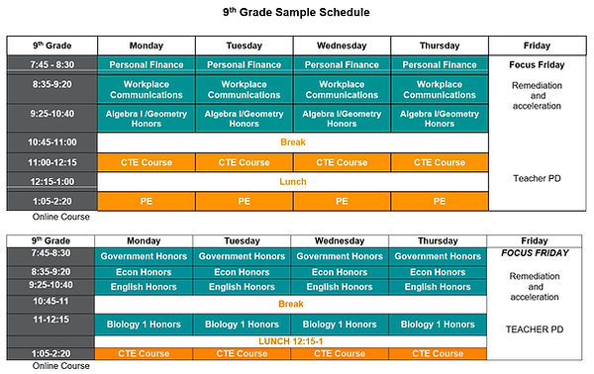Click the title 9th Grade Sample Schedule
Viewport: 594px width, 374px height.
tap(296, 13)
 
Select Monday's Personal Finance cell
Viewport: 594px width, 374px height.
tap(147, 64)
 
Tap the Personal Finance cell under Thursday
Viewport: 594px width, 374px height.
tap(439, 64)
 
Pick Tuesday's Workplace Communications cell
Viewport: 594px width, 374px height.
tap(245, 89)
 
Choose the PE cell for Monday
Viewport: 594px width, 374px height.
tap(147, 201)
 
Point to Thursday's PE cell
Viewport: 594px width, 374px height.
tap(439, 201)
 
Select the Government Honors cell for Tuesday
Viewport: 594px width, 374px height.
tap(243, 256)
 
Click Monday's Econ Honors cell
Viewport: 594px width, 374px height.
tap(145, 272)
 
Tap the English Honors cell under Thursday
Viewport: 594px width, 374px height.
tap(438, 287)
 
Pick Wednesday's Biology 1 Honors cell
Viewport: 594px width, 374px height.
tap(340, 324)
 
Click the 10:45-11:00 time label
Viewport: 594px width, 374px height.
tap(52, 141)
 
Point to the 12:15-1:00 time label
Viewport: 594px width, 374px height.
tap(52, 181)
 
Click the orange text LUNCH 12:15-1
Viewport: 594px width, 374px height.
tap(291, 340)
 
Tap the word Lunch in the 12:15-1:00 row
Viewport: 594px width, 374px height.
tap(293, 181)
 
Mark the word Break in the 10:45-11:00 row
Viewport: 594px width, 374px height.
tap(293, 141)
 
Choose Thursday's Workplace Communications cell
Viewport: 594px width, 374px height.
tap(439, 89)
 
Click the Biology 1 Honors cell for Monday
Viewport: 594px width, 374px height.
tap(145, 324)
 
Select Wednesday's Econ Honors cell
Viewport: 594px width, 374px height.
tap(340, 272)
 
